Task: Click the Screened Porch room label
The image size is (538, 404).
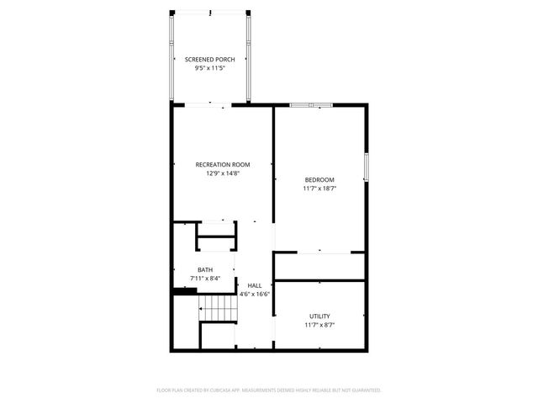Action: pyautogui.click(x=210, y=59)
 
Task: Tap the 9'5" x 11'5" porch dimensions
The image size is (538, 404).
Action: pyautogui.click(x=210, y=68)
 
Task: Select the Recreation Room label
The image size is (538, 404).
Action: pyautogui.click(x=223, y=164)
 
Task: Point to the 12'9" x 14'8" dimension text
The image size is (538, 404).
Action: pyautogui.click(x=223, y=173)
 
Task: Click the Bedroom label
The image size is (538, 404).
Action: pyautogui.click(x=319, y=180)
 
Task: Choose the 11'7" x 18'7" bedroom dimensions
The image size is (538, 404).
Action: pyautogui.click(x=319, y=189)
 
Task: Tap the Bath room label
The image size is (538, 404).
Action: pyautogui.click(x=205, y=269)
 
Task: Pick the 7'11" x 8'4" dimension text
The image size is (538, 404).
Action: pyautogui.click(x=205, y=279)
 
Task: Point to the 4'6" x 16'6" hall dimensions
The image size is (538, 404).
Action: pyautogui.click(x=254, y=295)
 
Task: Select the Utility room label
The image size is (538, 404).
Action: pyautogui.click(x=319, y=316)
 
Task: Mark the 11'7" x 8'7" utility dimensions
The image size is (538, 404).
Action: pyautogui.click(x=319, y=325)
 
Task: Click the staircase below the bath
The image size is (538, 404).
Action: pyautogui.click(x=219, y=308)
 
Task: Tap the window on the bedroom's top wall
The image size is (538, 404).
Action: pyautogui.click(x=311, y=105)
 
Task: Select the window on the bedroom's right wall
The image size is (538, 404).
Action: pyautogui.click(x=366, y=166)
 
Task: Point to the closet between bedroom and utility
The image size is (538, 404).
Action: pyautogui.click(x=319, y=266)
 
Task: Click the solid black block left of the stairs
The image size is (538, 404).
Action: pyautogui.click(x=178, y=292)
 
